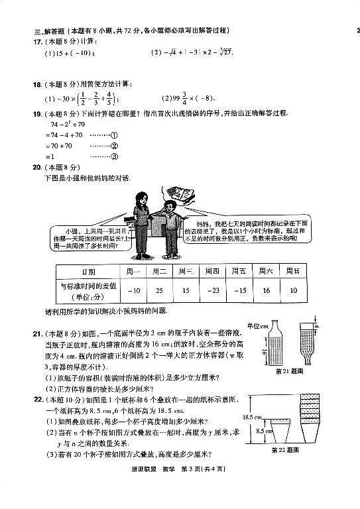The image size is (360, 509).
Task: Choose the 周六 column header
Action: (266, 272)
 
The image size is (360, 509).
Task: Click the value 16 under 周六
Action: (266, 290)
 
